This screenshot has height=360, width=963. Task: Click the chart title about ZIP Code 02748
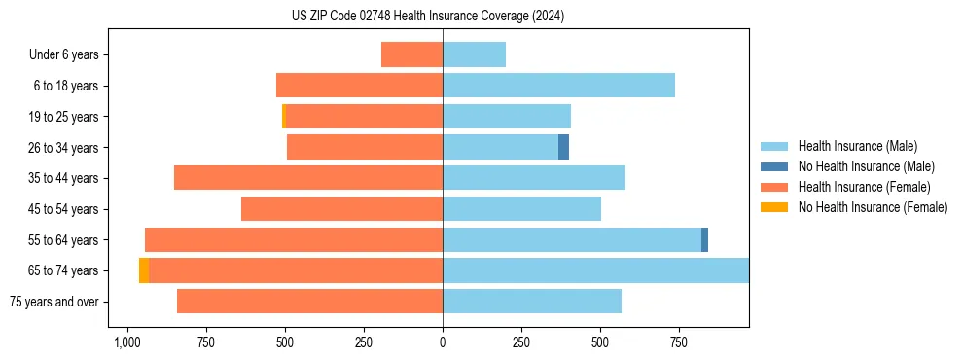point(427,17)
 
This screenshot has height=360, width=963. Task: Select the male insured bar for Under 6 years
point(474,54)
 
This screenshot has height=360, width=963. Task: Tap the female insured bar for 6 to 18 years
point(359,86)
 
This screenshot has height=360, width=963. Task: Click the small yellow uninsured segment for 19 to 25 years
point(284,117)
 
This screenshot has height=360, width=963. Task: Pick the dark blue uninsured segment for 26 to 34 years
point(563,147)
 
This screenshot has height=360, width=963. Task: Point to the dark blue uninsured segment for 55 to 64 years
point(704,239)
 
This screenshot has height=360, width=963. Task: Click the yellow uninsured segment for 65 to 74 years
point(144,270)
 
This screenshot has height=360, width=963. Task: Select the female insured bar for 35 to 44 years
point(308,178)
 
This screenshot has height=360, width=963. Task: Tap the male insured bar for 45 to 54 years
point(521,209)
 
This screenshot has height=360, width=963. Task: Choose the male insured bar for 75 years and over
point(532,302)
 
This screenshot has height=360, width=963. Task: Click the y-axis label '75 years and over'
point(54,302)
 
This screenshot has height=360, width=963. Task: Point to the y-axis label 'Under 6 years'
point(64,54)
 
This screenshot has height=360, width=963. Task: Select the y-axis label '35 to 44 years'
point(64,178)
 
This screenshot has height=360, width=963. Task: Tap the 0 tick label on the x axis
point(443,342)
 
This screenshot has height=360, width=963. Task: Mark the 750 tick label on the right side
point(679,342)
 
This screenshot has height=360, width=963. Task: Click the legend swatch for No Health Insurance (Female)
point(774,207)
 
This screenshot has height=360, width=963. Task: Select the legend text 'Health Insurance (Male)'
point(858,146)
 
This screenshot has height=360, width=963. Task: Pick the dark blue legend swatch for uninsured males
point(774,166)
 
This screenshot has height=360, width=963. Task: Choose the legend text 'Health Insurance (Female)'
point(865,187)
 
